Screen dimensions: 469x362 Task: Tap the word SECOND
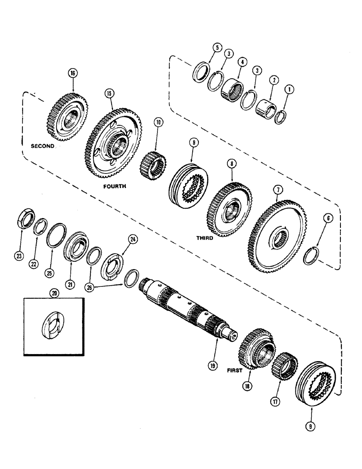pyautogui.click(x=42, y=146)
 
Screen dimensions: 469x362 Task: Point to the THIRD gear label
pyautogui.click(x=205, y=238)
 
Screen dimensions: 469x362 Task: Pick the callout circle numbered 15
pyautogui.click(x=109, y=93)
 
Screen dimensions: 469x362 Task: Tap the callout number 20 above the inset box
pyautogui.click(x=55, y=292)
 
